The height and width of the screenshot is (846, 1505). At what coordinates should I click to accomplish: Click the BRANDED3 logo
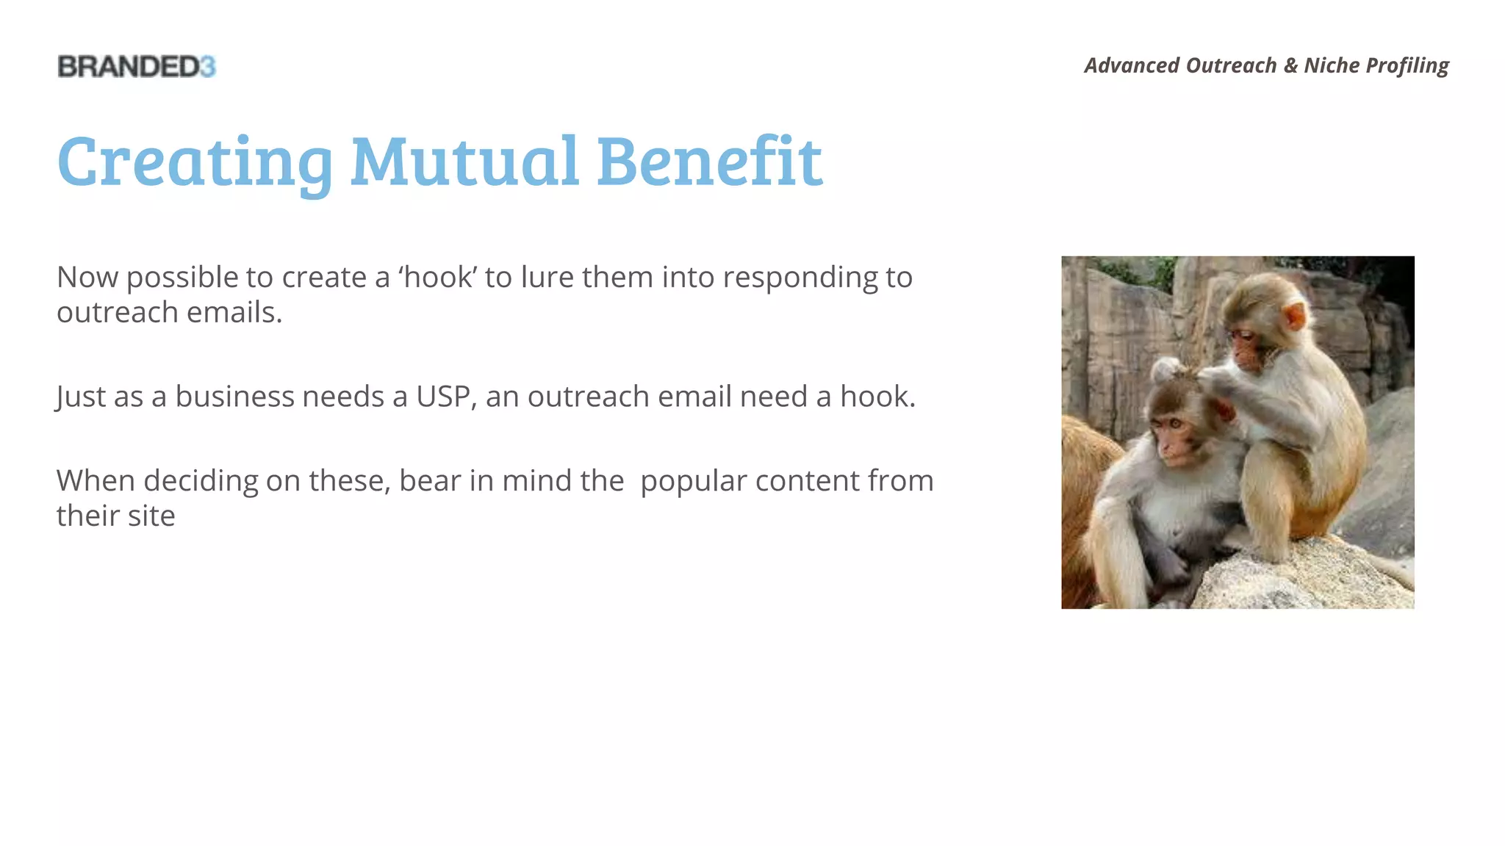(137, 67)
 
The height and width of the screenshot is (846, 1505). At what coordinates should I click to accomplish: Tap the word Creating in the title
(195, 162)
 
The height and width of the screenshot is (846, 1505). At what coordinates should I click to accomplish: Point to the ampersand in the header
(1290, 65)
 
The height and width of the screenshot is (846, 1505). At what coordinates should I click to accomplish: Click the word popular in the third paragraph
(693, 482)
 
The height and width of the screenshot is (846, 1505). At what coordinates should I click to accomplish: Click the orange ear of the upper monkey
(1295, 317)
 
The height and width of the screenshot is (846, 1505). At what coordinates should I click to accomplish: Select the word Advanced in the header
(1132, 65)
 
